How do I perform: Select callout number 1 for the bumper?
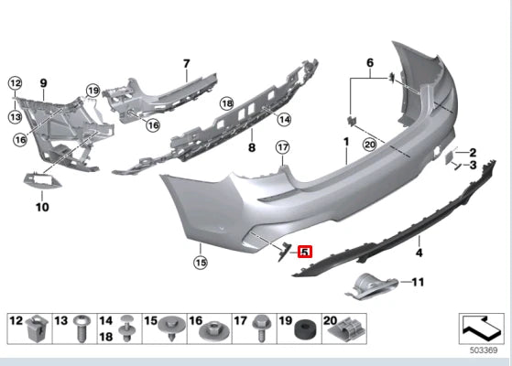[x=346, y=142]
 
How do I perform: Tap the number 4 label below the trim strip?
[x=419, y=252]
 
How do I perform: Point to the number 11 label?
[x=419, y=282]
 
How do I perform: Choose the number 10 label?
[x=41, y=208]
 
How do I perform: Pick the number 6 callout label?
[x=370, y=62]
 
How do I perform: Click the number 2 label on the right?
[x=473, y=152]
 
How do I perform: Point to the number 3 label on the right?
[x=473, y=167]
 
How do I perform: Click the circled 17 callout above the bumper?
[x=282, y=147]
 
